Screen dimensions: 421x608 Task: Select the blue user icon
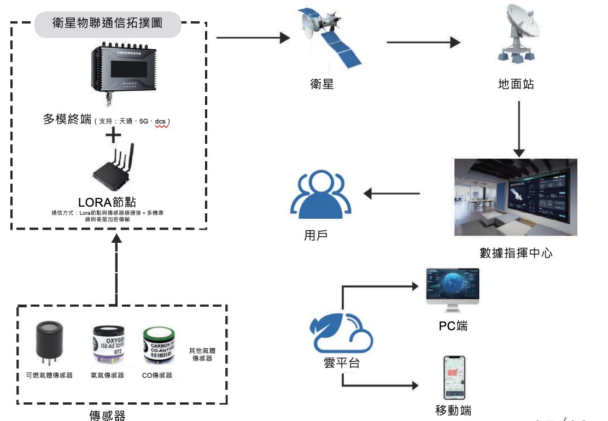(x=321, y=195)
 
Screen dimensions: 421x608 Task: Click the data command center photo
(x=516, y=197)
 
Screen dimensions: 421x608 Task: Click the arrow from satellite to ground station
(x=424, y=43)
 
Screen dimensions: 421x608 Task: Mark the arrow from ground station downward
(x=519, y=128)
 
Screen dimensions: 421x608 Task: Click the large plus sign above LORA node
(x=113, y=136)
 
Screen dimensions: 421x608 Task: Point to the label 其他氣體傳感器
(x=201, y=354)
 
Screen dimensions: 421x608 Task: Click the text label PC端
(x=453, y=326)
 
